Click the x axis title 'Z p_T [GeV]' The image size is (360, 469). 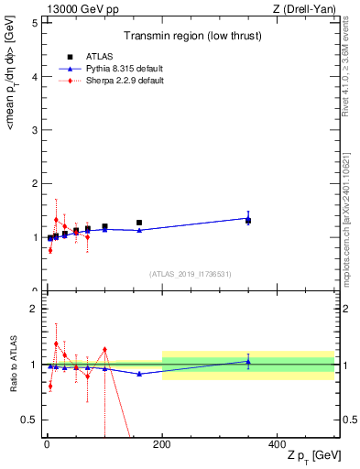309,457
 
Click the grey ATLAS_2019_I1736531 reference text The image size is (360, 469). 191,273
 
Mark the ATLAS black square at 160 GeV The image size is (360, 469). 139,223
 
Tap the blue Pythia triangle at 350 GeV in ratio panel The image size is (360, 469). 248,361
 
